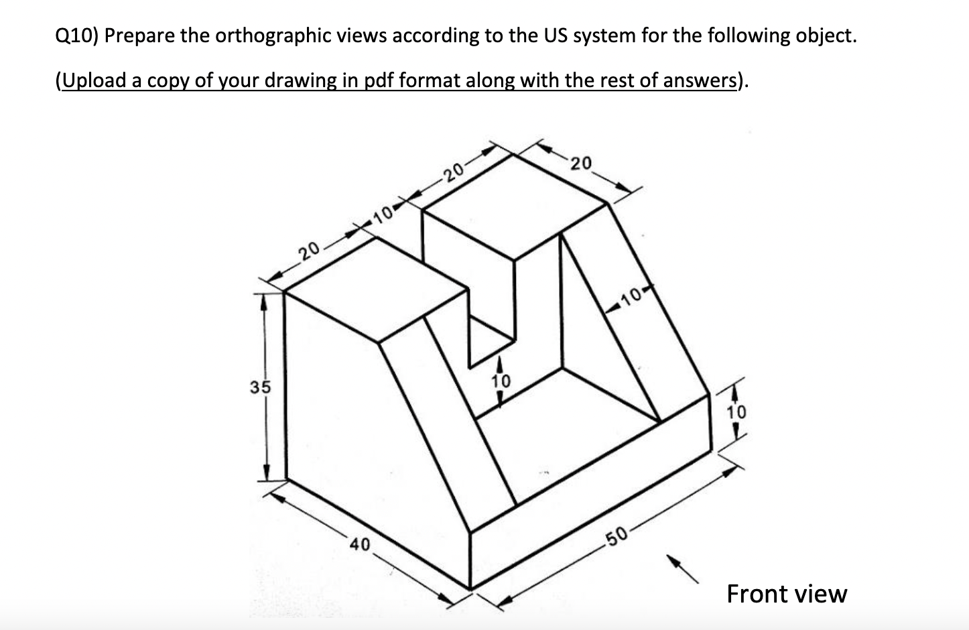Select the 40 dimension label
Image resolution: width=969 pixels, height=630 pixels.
pyautogui.click(x=360, y=545)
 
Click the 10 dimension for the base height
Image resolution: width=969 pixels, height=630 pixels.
pyautogui.click(x=735, y=412)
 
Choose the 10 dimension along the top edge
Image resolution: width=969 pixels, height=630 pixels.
pyautogui.click(x=383, y=214)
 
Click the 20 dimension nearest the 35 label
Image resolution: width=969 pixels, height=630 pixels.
pyautogui.click(x=309, y=251)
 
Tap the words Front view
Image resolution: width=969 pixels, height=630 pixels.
pyautogui.click(x=787, y=594)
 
